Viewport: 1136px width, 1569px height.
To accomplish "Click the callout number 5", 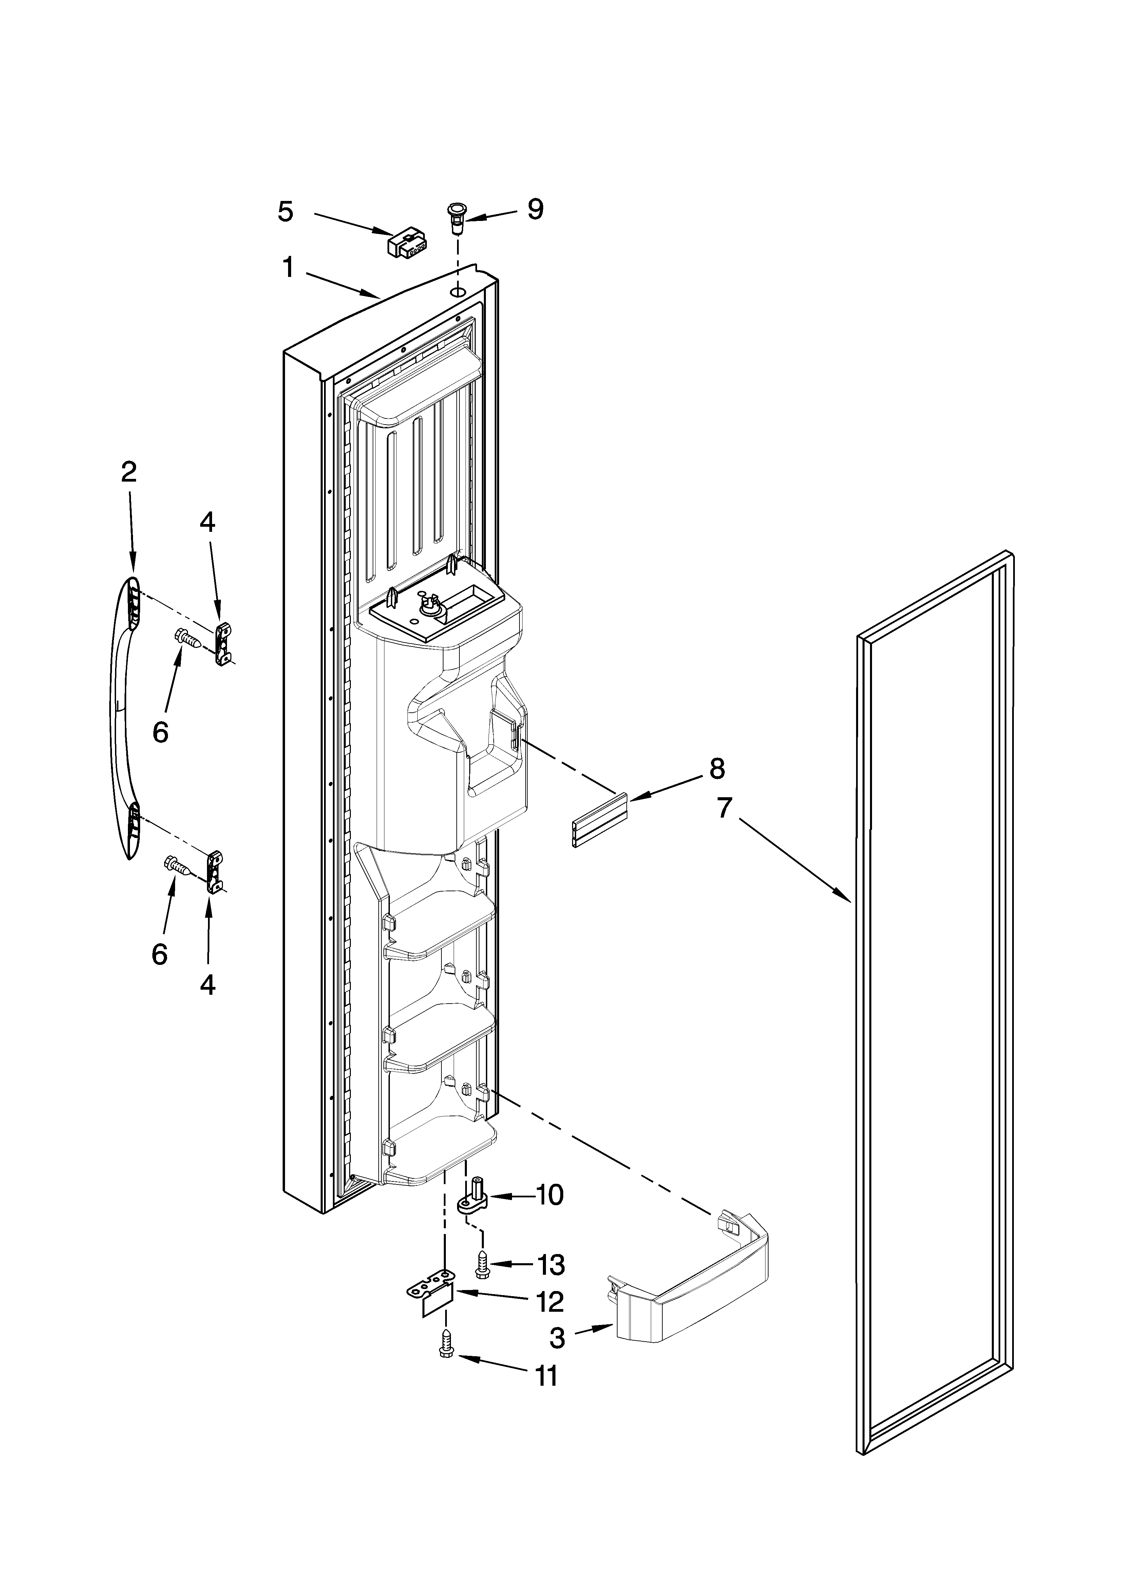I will [285, 211].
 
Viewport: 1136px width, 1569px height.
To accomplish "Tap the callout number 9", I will [535, 209].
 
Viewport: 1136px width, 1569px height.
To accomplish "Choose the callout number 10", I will [550, 1195].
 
